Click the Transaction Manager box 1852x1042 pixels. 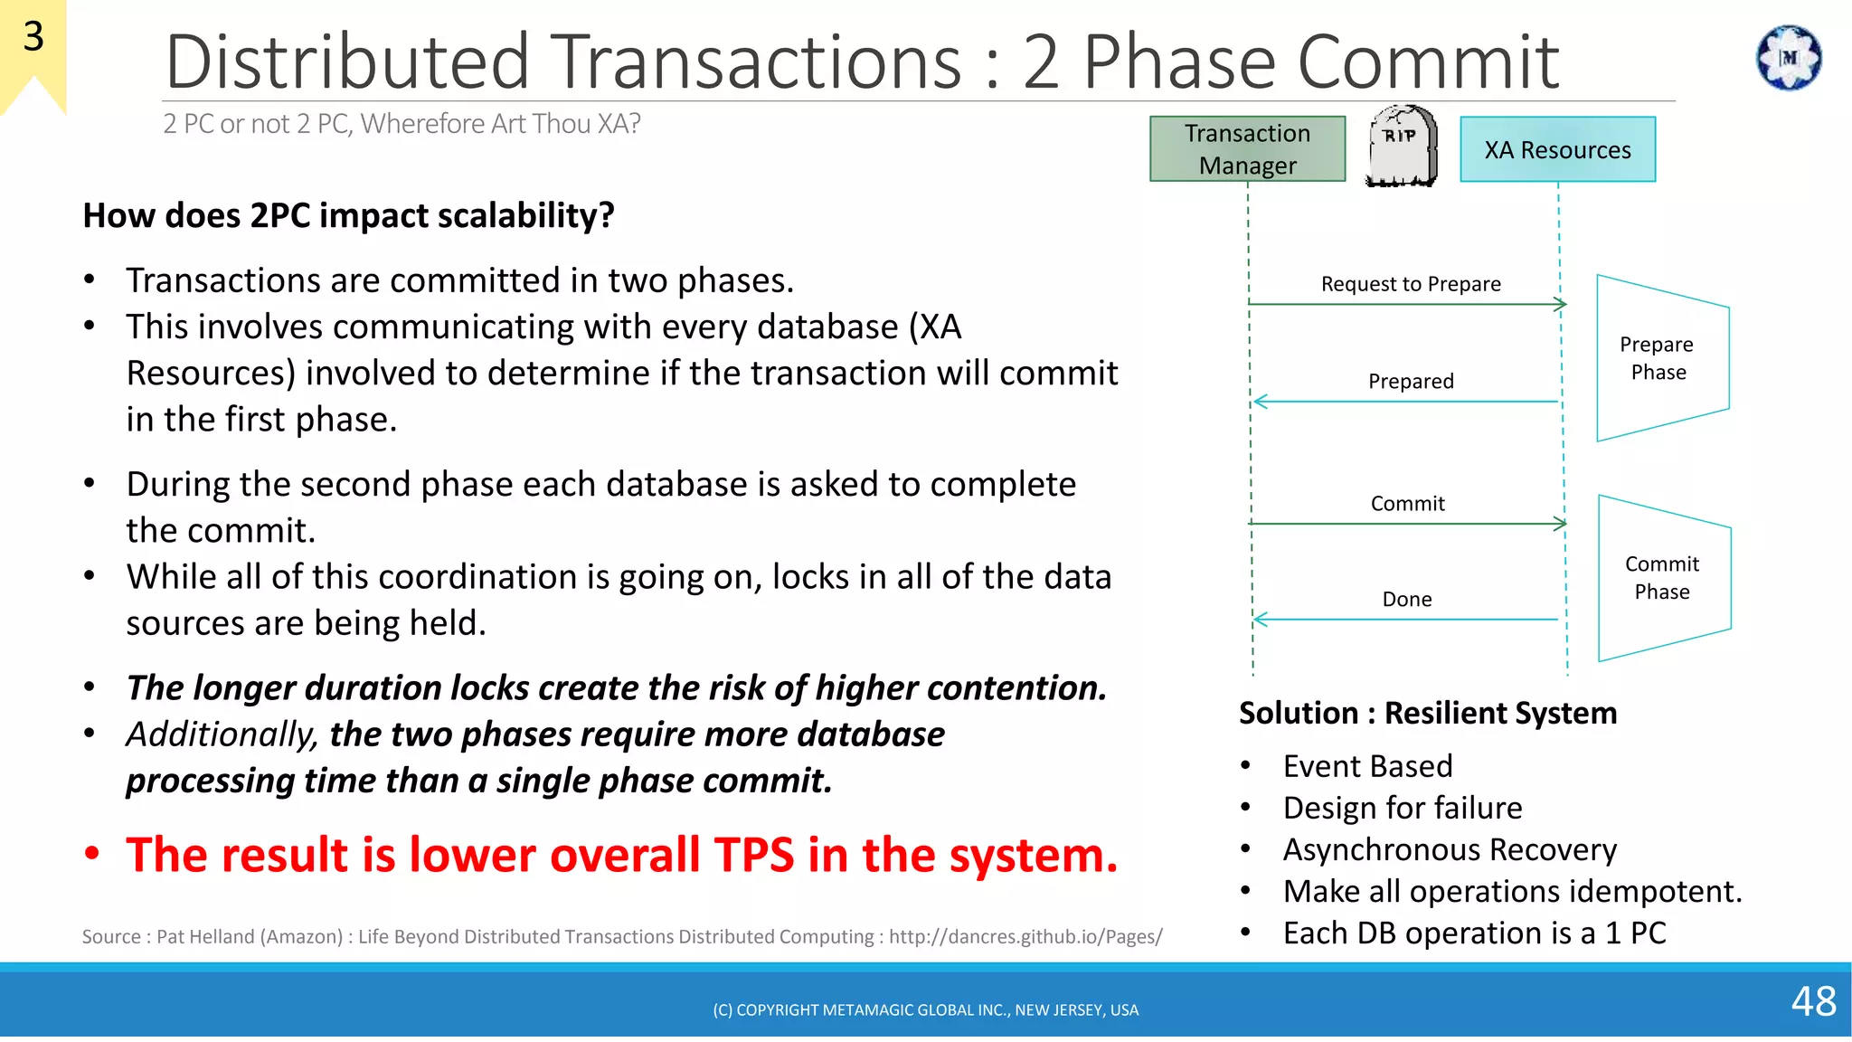tap(1247, 149)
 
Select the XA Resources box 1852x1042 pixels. tap(1557, 149)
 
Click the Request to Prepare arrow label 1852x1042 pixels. tap(1411, 284)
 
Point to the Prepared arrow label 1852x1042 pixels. tap(1411, 381)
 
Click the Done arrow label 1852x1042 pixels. tap(1407, 599)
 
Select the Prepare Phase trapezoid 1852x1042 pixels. tap(1661, 358)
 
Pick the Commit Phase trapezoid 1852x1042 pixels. tap(1664, 578)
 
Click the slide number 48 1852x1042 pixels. tap(1813, 1001)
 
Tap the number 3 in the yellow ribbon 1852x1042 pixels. tap(33, 37)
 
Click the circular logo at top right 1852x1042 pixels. tap(1788, 58)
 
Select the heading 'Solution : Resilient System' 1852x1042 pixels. tap(1428, 713)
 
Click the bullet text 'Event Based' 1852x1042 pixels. tap(1367, 766)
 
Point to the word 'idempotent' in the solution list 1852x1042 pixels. tap(1646, 891)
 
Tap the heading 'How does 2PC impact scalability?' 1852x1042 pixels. tap(348, 215)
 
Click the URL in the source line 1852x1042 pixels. tap(1025, 936)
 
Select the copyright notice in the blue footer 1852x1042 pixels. tap(925, 1009)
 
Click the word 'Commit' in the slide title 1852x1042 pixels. tap(1428, 62)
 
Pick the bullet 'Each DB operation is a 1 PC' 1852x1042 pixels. tap(1474, 933)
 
